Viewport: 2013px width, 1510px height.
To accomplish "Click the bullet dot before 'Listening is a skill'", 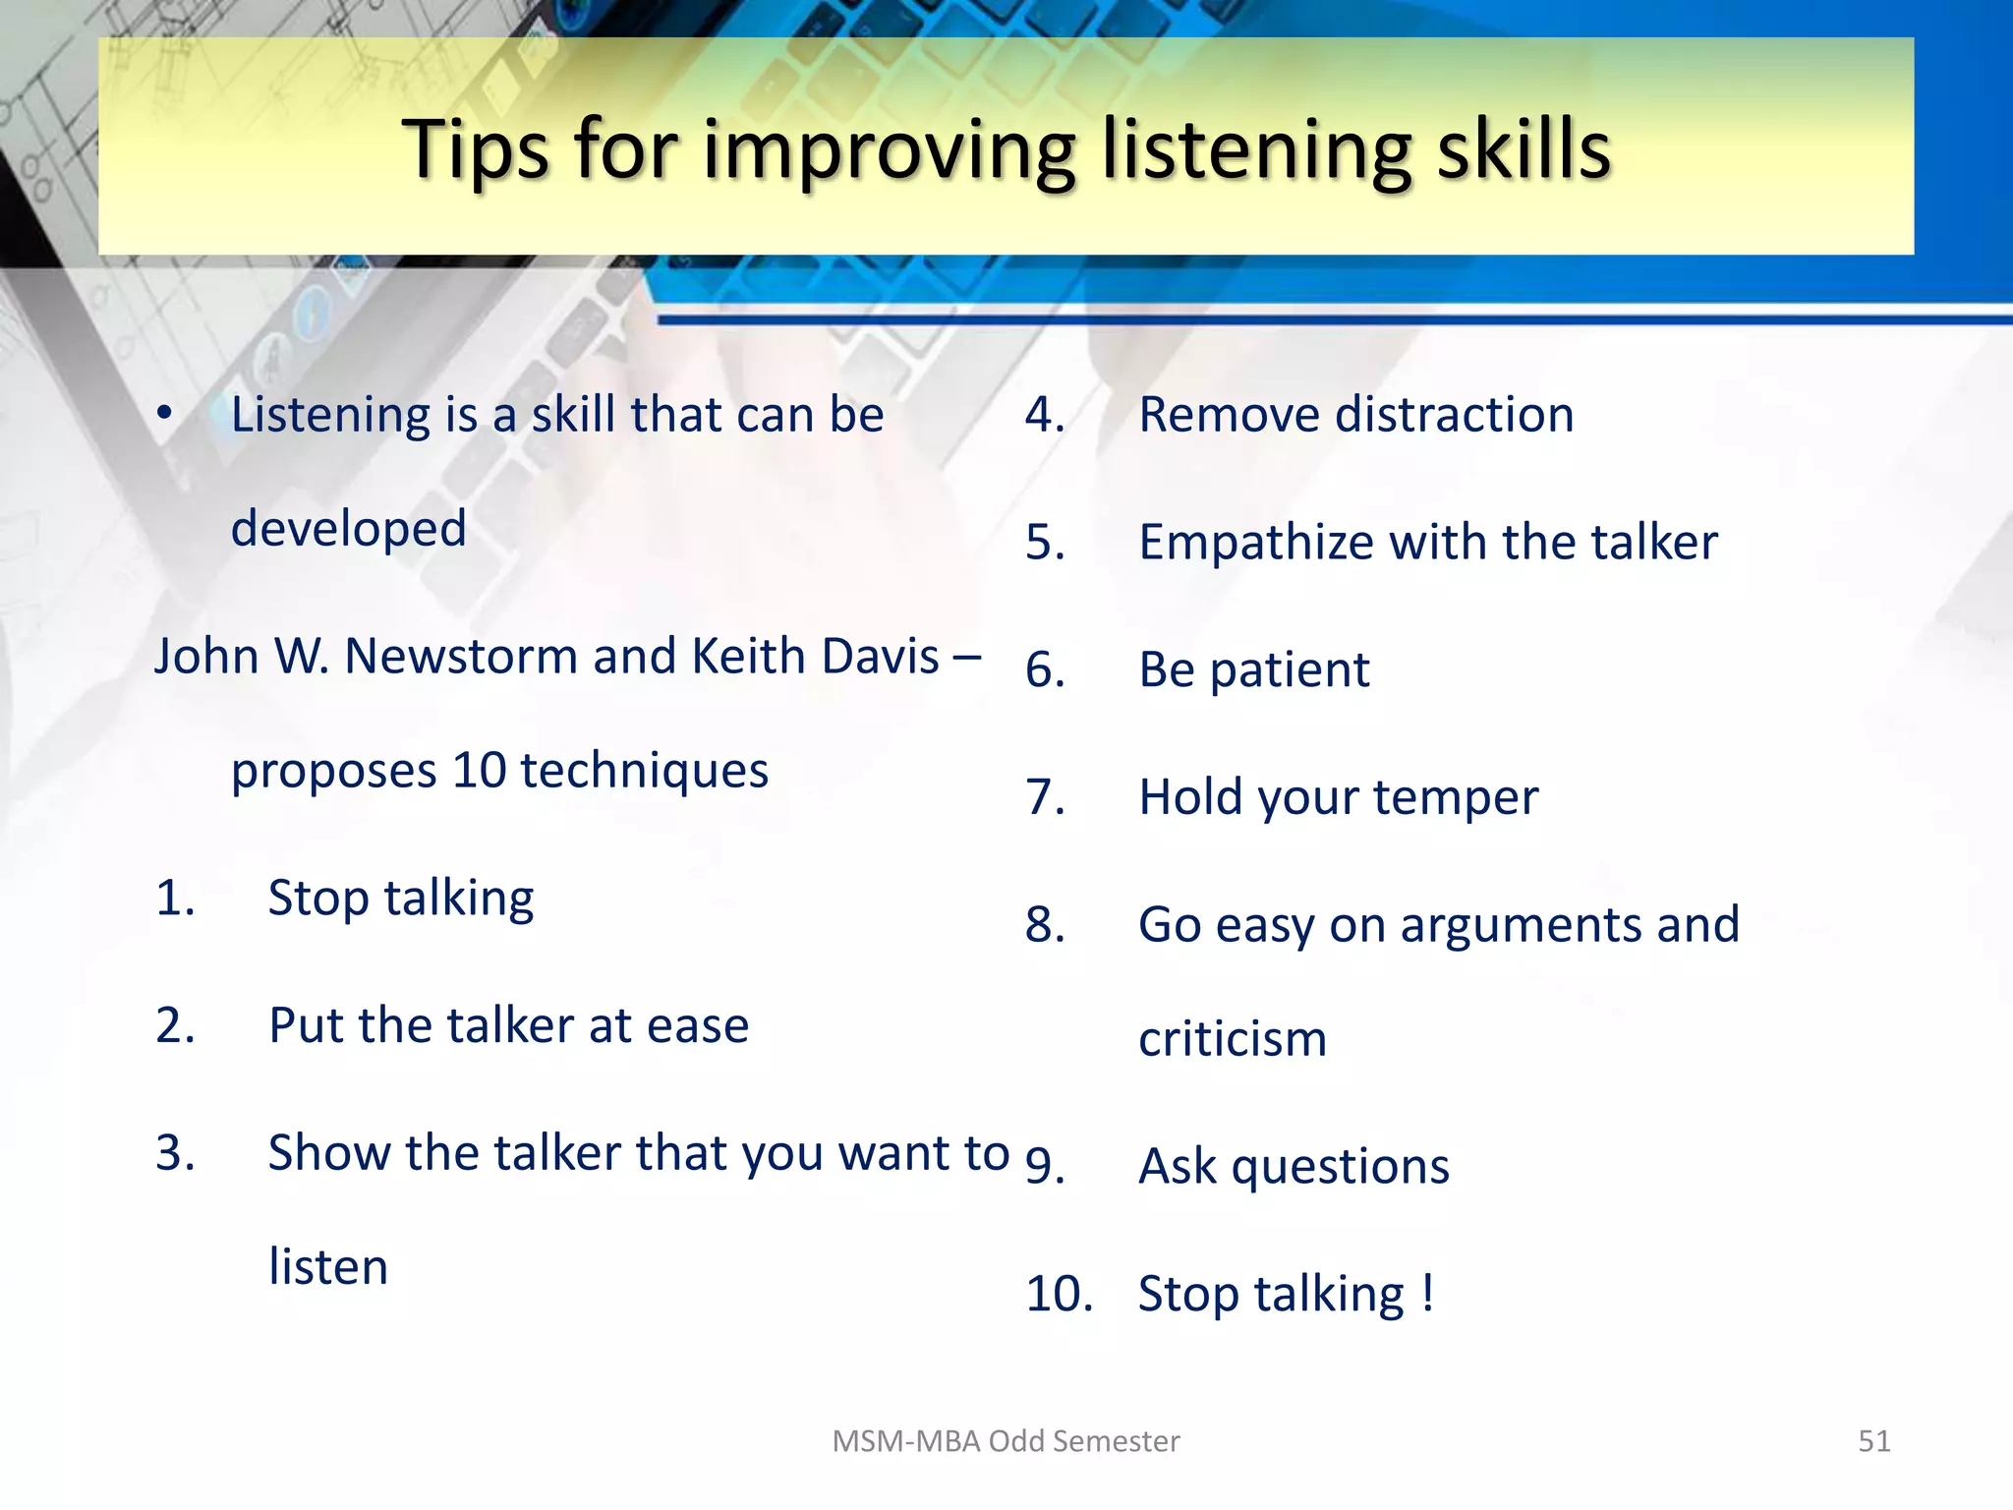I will click(165, 413).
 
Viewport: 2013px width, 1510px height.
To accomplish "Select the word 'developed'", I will click(348, 529).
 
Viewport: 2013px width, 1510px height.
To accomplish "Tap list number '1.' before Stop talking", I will click(175, 898).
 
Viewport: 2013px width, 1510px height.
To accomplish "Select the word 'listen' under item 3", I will click(328, 1266).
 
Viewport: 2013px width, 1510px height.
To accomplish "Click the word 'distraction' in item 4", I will click(1454, 414).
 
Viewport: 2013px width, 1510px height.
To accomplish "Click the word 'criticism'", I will click(1233, 1039).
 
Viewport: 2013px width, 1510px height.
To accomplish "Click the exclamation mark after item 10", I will click(1427, 1293).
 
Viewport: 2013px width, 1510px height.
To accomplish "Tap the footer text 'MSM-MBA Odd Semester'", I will click(1005, 1441).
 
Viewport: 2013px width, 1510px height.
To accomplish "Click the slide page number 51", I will click(1873, 1441).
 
